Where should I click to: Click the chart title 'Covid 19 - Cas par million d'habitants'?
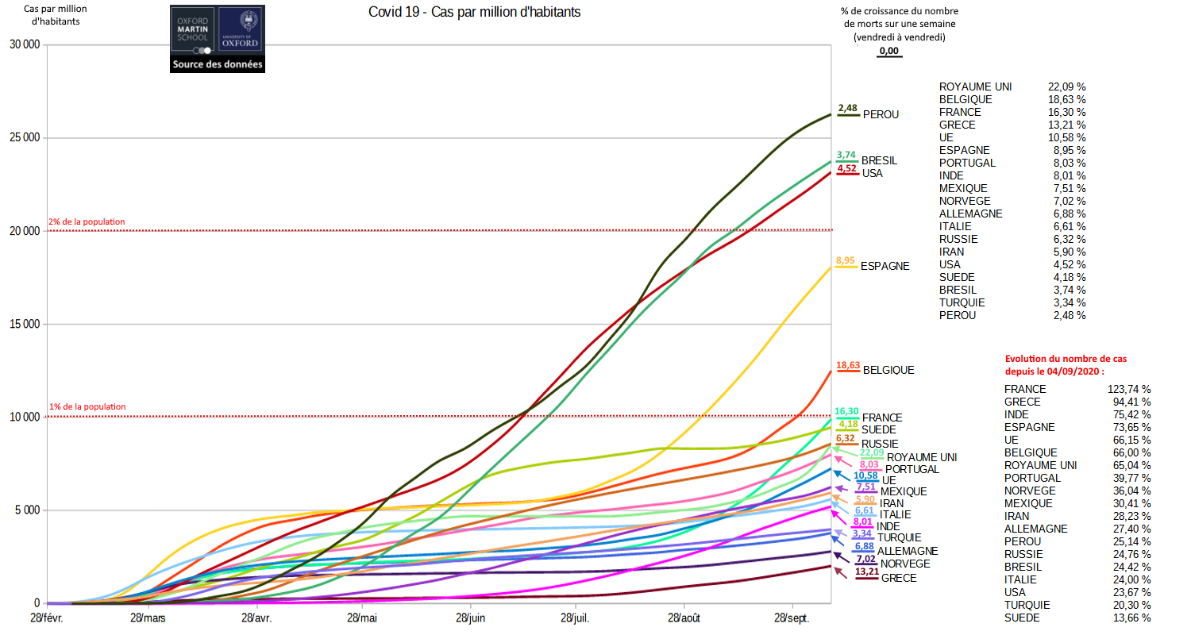click(474, 13)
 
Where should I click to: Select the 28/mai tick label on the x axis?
click(362, 618)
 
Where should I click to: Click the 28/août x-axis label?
click(684, 618)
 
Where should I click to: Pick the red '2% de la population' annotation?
click(87, 222)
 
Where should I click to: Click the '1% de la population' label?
click(87, 407)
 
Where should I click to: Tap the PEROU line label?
click(881, 114)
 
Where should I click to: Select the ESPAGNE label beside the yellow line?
click(885, 266)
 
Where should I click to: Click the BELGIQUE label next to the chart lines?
click(888, 370)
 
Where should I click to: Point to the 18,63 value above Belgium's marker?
click(848, 365)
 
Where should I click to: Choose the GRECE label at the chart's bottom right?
click(899, 578)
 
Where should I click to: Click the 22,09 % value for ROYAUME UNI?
click(1067, 87)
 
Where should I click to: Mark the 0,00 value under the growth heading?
click(889, 52)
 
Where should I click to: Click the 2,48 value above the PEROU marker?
click(848, 108)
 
